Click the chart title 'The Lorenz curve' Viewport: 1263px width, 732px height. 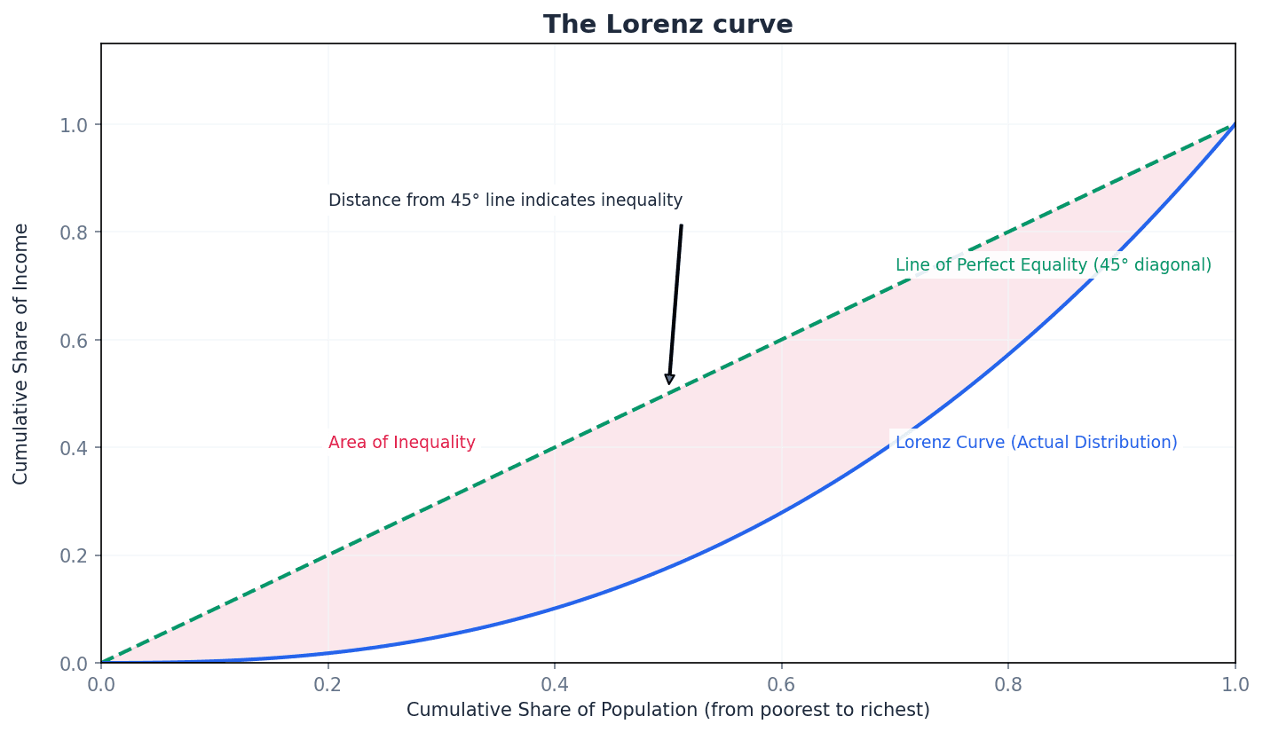pos(667,25)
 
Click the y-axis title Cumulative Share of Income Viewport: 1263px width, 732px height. pos(21,353)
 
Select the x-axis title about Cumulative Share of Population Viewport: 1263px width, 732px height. pos(667,711)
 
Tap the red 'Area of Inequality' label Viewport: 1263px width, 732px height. pos(401,443)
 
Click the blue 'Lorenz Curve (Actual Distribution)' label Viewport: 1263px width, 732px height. pos(1036,443)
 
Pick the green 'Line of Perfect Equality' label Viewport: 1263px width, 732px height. pos(1053,265)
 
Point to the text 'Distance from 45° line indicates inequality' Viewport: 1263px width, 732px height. pos(505,201)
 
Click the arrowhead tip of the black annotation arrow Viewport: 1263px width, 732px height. pos(669,384)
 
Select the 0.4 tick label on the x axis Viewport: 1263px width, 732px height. pos(555,685)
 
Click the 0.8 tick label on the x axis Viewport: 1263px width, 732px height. pos(1008,685)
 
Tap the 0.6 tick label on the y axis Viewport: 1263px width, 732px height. pos(74,341)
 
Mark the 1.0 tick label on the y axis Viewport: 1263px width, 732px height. pos(74,125)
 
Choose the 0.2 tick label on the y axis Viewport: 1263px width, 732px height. pos(74,556)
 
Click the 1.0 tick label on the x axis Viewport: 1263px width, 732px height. pos(1235,685)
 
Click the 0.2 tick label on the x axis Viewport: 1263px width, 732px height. pos(328,685)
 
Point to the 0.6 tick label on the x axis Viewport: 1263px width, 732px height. pos(781,685)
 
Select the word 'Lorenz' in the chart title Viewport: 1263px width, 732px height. pos(646,25)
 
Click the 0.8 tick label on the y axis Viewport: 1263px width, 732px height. pos(74,232)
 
